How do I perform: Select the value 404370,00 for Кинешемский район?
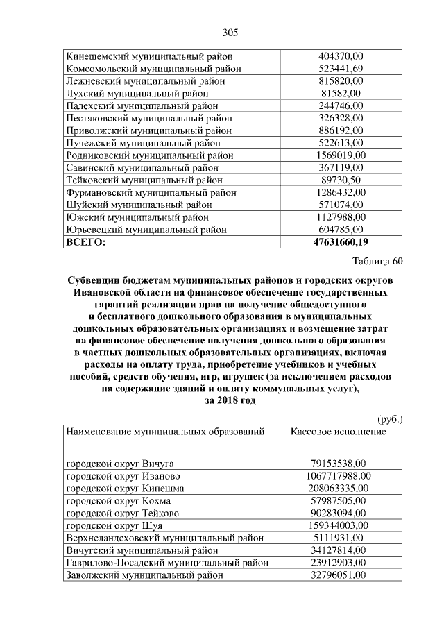click(x=340, y=56)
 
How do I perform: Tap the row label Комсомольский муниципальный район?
click(x=149, y=69)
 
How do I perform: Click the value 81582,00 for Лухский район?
click(x=340, y=94)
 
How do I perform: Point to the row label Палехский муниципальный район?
click(x=142, y=106)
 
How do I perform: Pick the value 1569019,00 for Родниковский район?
click(x=340, y=155)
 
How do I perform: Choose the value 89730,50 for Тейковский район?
click(x=340, y=180)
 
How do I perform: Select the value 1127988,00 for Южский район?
click(x=340, y=217)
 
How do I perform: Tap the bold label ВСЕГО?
click(x=86, y=242)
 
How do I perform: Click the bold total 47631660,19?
click(x=340, y=242)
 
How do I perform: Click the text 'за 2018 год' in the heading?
click(x=230, y=400)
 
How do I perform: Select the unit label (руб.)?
click(x=389, y=420)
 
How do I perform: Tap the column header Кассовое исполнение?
click(x=338, y=432)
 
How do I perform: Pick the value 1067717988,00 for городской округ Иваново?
click(x=340, y=476)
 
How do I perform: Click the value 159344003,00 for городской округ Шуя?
click(x=340, y=525)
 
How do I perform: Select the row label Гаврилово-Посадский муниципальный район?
click(x=166, y=563)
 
